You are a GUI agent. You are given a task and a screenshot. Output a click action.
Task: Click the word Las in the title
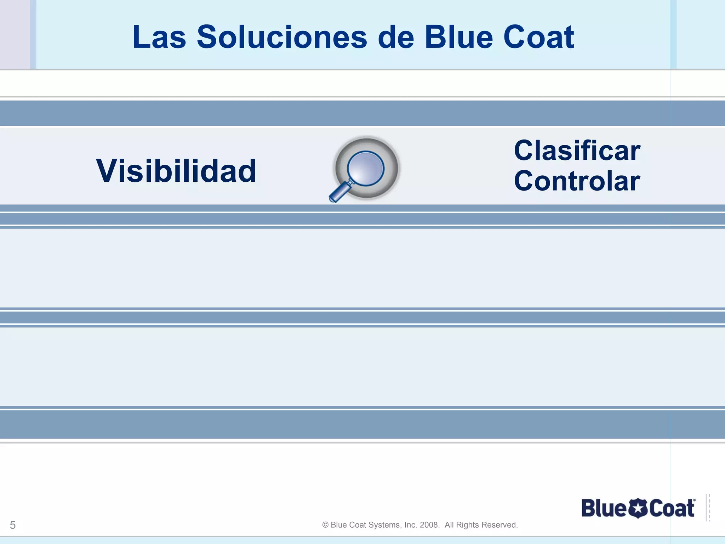tap(159, 38)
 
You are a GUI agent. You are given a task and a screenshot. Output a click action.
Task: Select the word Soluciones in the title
tap(282, 38)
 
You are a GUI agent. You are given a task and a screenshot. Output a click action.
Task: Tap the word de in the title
tap(396, 38)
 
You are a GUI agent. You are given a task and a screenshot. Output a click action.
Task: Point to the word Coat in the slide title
tap(538, 38)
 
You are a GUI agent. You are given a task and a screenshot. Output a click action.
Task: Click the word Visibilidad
tap(176, 171)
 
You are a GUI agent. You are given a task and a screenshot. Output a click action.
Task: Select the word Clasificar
tap(577, 151)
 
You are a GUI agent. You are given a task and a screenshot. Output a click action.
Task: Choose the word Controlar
tap(577, 181)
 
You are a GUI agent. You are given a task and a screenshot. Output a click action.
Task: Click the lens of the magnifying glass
tap(366, 168)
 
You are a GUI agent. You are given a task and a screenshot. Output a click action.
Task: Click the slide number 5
tap(13, 525)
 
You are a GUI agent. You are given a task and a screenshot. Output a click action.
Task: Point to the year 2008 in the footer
tap(429, 525)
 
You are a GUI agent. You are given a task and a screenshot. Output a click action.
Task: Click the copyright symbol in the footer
tap(325, 525)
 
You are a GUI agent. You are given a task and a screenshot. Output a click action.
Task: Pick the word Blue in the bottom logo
tap(604, 509)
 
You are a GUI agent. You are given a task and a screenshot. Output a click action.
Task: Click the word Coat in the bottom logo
tap(672, 509)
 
